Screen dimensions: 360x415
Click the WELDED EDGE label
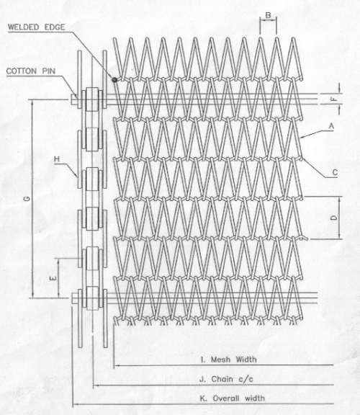(x=36, y=27)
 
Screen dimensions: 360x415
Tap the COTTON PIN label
(x=31, y=71)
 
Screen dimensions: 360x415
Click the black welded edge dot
(x=114, y=79)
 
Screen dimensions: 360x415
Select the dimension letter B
(x=269, y=15)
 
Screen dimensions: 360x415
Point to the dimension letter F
(x=335, y=99)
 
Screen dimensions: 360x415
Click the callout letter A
(x=331, y=127)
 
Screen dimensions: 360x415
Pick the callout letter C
(x=335, y=173)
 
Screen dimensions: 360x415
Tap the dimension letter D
(x=335, y=218)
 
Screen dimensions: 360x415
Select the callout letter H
(x=57, y=159)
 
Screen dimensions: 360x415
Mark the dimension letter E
(x=54, y=278)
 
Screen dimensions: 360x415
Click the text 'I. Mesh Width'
(x=228, y=360)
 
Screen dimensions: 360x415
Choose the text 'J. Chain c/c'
(x=226, y=379)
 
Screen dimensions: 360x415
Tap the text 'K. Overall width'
(x=232, y=398)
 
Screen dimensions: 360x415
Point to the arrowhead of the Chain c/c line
(x=96, y=385)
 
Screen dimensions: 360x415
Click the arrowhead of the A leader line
(x=302, y=137)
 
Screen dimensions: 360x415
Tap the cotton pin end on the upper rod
(x=73, y=99)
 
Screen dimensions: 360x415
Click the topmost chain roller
(x=92, y=99)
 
